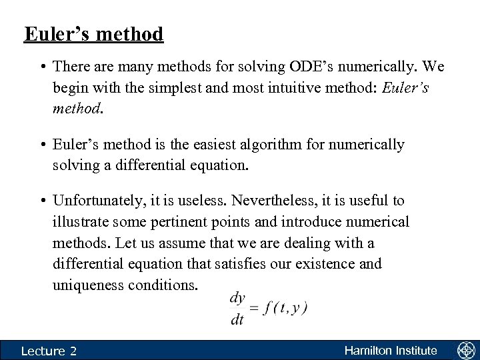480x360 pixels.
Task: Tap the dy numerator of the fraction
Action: click(x=237, y=298)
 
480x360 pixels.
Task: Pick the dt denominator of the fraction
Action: click(x=237, y=321)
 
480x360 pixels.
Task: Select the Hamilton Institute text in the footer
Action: click(x=391, y=350)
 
